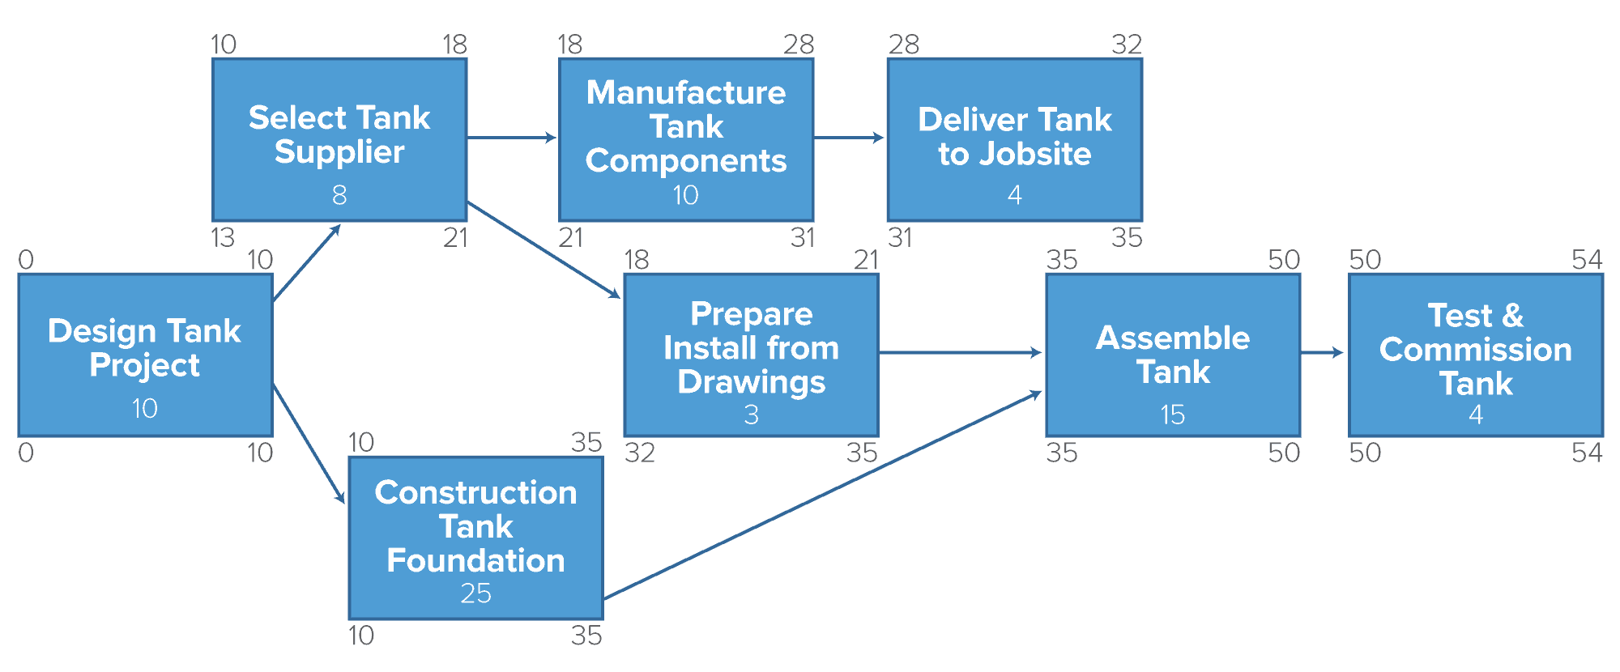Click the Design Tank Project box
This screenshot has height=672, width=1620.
145,355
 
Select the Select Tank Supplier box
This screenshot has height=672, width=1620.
339,139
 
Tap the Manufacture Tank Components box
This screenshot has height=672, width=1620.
686,139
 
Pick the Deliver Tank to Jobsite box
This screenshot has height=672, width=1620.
1015,139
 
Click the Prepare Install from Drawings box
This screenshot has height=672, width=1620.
751,355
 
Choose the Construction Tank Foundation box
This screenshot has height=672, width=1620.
475,538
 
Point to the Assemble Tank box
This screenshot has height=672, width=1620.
1173,355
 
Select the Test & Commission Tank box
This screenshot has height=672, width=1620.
1476,355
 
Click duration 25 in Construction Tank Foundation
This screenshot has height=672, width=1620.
475,593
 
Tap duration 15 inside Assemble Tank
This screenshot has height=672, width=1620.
1173,415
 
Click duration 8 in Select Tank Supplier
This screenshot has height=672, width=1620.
339,195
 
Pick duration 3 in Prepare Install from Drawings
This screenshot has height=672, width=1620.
751,415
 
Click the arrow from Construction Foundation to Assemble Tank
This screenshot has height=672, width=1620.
822,495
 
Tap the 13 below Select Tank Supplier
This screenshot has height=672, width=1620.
223,238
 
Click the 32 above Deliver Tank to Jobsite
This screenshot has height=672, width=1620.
1126,45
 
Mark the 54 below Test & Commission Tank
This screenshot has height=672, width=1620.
1586,453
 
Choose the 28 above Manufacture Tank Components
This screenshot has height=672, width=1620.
798,45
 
